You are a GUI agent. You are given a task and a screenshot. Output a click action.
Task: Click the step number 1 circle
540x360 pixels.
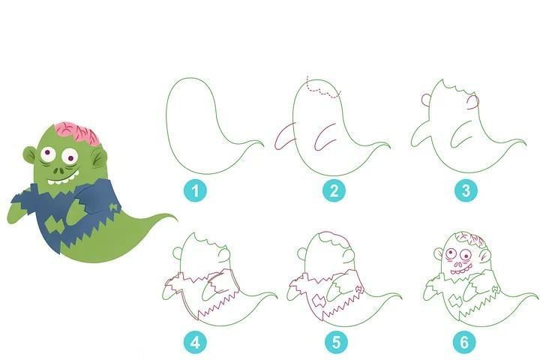[195, 190]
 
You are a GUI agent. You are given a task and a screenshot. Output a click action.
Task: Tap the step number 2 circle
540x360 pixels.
[334, 190]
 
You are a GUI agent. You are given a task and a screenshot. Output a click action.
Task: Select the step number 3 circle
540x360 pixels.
[466, 190]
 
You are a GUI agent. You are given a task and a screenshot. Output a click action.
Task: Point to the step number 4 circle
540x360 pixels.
[195, 343]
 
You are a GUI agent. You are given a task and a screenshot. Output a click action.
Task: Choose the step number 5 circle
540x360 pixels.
[336, 343]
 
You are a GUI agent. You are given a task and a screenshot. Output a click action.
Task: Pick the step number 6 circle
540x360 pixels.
[464, 343]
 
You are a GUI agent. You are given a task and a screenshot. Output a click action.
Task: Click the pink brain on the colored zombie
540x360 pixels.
[79, 132]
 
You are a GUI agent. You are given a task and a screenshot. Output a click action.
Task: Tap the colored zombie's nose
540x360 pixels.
[59, 169]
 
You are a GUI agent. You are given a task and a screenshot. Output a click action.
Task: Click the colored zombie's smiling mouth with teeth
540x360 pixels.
[63, 178]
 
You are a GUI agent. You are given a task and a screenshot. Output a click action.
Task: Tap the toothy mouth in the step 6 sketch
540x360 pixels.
[460, 271]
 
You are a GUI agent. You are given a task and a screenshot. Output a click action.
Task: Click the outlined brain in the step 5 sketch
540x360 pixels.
[334, 238]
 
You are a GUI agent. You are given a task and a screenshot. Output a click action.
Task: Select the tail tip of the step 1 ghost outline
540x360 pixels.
[263, 145]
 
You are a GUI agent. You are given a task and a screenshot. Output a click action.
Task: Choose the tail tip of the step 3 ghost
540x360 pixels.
[526, 144]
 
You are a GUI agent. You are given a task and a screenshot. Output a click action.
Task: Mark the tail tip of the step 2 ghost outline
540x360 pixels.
[390, 146]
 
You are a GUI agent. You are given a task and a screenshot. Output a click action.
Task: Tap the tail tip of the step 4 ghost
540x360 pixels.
[277, 297]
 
